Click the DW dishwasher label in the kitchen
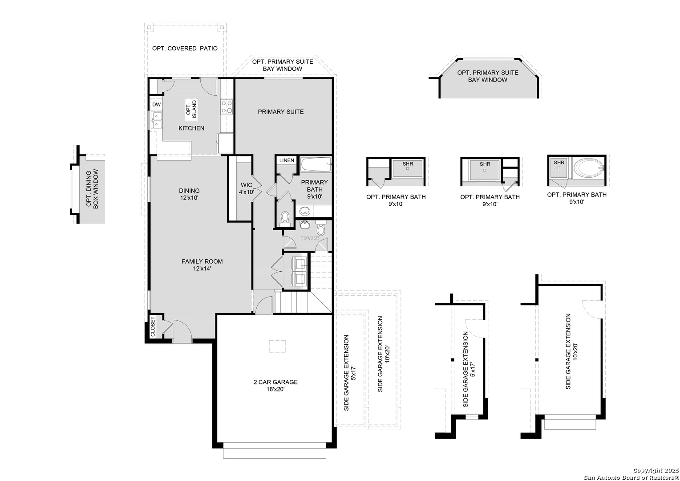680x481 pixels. (x=156, y=105)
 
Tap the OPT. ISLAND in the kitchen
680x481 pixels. (x=191, y=109)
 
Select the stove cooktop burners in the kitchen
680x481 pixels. (x=227, y=106)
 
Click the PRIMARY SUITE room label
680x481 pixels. (x=281, y=112)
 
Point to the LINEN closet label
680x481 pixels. (x=287, y=160)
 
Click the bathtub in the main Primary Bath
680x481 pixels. (x=316, y=165)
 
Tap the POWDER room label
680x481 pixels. (x=310, y=238)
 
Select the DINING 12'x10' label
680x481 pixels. (x=189, y=194)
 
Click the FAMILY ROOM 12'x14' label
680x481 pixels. (x=202, y=265)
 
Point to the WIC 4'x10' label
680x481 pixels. (x=246, y=188)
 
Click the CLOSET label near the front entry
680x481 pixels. (x=153, y=327)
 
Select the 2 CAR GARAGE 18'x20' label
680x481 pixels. (x=275, y=385)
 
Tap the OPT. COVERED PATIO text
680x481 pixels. (x=185, y=48)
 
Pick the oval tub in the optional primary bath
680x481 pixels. (x=588, y=169)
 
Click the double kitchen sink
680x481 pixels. (x=156, y=120)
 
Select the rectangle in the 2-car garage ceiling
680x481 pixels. (x=277, y=346)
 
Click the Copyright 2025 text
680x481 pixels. (x=656, y=471)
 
